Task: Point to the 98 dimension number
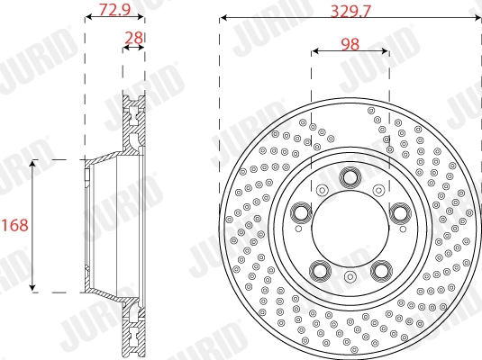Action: (350, 43)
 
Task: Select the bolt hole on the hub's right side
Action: (400, 212)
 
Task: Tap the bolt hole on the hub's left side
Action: (299, 212)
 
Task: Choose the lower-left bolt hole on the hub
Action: (319, 271)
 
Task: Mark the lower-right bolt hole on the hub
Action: (381, 271)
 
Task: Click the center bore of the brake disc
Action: (350, 229)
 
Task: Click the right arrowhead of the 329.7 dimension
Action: (477, 18)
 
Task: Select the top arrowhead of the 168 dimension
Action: (33, 163)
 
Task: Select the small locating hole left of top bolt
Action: (322, 190)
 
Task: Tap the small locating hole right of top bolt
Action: (378, 190)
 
